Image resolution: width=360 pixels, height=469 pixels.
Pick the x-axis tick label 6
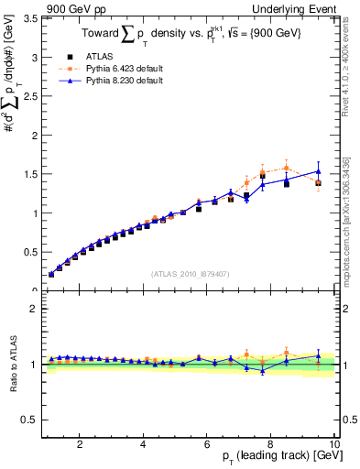click(207, 444)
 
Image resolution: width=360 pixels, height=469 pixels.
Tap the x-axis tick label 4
click(144, 444)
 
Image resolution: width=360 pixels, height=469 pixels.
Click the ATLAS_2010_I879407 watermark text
click(190, 272)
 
